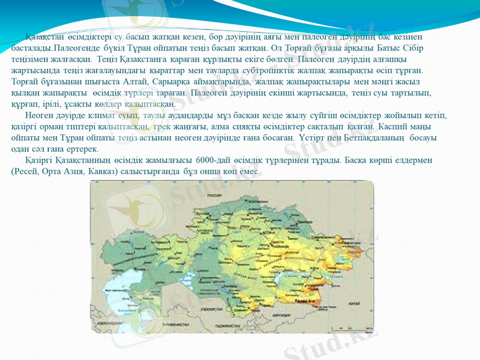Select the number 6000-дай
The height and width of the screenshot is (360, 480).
pos(222,161)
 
